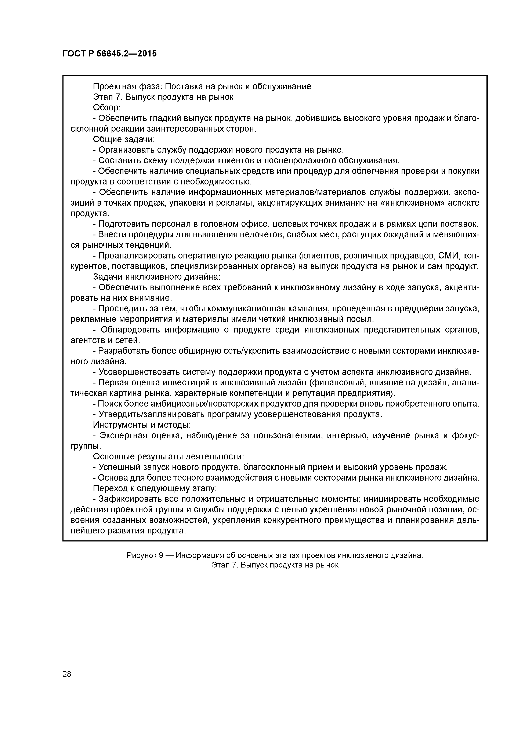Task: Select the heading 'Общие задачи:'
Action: click(x=124, y=139)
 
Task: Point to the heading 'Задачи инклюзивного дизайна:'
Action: click(x=157, y=277)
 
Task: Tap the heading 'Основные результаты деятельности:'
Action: click(x=168, y=457)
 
